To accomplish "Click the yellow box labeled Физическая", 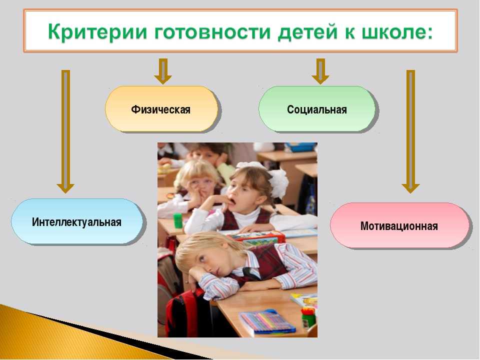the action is (x=161, y=109).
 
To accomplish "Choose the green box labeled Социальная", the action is (x=317, y=109).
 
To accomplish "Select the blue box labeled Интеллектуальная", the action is (x=77, y=221).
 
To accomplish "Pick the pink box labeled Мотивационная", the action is (x=399, y=225).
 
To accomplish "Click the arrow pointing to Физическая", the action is (x=163, y=71).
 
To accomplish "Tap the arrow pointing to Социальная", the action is (x=320, y=71).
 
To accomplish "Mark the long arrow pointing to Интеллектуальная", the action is (x=65, y=131).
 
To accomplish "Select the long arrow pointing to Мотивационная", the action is (x=410, y=131).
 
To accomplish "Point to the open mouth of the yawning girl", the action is (x=232, y=202).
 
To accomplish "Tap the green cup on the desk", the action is (x=178, y=220).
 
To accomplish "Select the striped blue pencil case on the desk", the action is (x=266, y=321).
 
